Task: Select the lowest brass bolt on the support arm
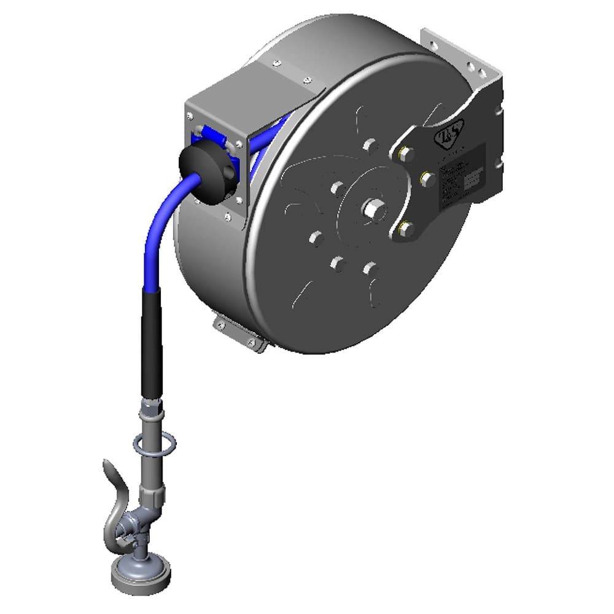tap(405, 230)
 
